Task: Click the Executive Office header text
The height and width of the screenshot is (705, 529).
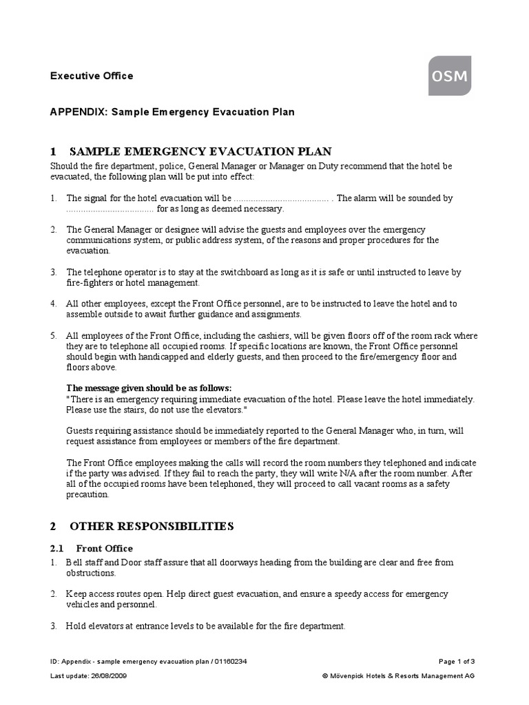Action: point(92,76)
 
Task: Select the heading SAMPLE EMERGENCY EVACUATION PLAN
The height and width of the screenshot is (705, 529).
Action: point(199,151)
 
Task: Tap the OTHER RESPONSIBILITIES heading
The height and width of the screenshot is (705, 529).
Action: point(152,527)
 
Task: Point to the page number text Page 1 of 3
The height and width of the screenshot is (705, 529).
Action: point(456,662)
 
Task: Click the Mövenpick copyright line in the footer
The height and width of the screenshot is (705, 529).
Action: point(398,676)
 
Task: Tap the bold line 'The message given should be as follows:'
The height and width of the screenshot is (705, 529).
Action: point(149,388)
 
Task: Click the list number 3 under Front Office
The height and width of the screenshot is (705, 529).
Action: point(53,626)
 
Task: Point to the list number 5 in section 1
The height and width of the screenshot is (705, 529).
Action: point(53,335)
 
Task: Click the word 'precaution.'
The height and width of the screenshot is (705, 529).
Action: point(87,494)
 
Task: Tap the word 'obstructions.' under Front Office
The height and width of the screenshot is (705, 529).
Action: point(91,573)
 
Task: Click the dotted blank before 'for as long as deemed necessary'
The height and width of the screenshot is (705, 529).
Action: point(110,209)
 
